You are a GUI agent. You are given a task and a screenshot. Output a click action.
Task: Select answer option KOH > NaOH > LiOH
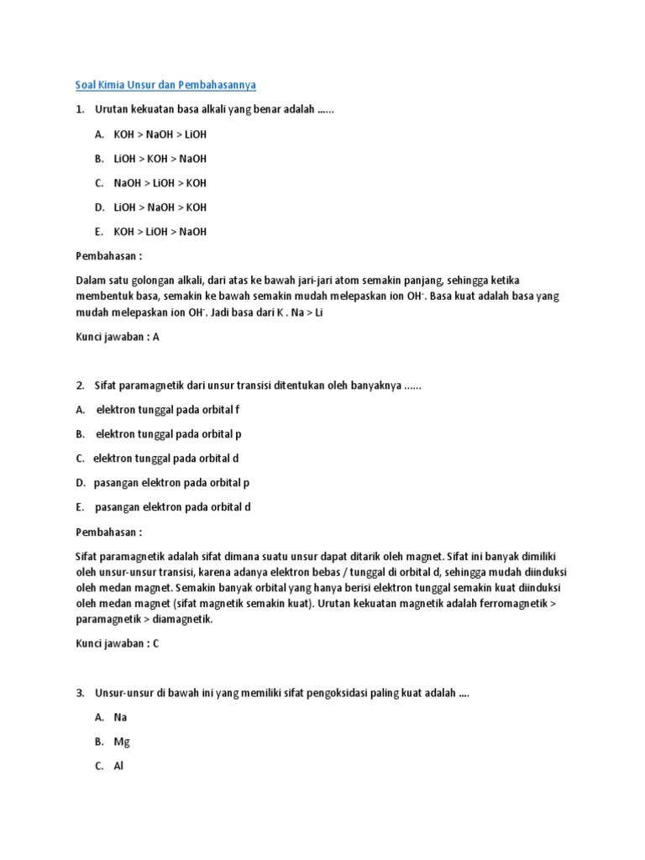coord(160,134)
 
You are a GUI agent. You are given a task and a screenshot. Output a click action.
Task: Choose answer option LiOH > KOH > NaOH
coord(160,159)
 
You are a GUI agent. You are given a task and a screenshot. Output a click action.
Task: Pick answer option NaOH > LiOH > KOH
coord(160,183)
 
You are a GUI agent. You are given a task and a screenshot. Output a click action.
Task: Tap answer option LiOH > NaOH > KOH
coord(160,207)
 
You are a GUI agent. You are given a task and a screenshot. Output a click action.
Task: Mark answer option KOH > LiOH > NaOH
coord(160,232)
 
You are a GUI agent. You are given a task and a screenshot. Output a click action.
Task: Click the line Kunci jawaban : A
coord(118,337)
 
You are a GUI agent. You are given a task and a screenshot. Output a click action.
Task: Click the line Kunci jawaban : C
coord(118,644)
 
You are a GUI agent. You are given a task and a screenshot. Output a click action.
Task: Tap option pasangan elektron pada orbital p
coord(171,483)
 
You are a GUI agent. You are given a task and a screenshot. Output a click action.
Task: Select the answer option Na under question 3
coord(120,718)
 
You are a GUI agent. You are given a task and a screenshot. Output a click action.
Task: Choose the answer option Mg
coord(122,742)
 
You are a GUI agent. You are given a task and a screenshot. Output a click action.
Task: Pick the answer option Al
coord(118,767)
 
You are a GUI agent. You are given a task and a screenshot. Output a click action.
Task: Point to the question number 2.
coord(80,385)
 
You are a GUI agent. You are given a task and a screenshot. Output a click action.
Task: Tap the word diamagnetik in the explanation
coord(178,620)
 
